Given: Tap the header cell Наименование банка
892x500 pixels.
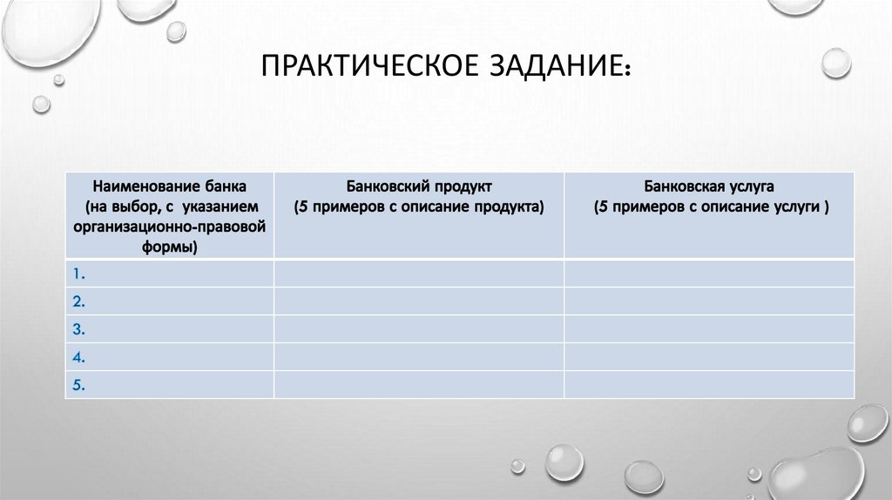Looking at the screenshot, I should [170, 215].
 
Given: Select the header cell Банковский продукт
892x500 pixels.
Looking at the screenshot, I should [418, 215].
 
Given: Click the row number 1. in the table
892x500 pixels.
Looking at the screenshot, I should [78, 274].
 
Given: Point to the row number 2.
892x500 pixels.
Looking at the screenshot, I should [78, 301].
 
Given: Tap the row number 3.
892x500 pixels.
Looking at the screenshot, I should [78, 329].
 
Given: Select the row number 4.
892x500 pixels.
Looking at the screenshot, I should [78, 357].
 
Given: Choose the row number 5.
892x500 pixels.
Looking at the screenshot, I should [78, 385].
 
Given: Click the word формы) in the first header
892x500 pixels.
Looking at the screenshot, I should [170, 247].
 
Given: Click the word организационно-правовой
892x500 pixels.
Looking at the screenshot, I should [170, 227].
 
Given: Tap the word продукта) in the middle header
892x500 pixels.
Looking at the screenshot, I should [509, 207].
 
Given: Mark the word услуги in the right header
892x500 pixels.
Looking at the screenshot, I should [795, 207].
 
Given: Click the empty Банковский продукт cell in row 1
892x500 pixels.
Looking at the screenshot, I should [418, 274].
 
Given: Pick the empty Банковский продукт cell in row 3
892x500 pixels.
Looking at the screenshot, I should [418, 329].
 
